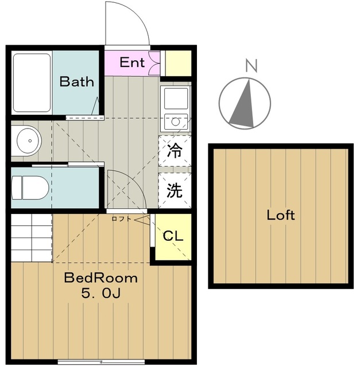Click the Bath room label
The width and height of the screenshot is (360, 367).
pos(76,81)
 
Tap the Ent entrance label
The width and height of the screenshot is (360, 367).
pos(132,63)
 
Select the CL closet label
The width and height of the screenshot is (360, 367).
pos(173,236)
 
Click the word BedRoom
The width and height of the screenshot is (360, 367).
pos(100,279)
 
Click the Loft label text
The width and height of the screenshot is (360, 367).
pos(281,216)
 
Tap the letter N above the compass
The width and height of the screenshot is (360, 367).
pos(250,65)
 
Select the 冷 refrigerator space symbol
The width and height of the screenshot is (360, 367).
pos(175,152)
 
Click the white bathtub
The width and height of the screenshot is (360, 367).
pos(33,83)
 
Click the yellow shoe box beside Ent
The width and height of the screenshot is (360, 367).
pos(178,63)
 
